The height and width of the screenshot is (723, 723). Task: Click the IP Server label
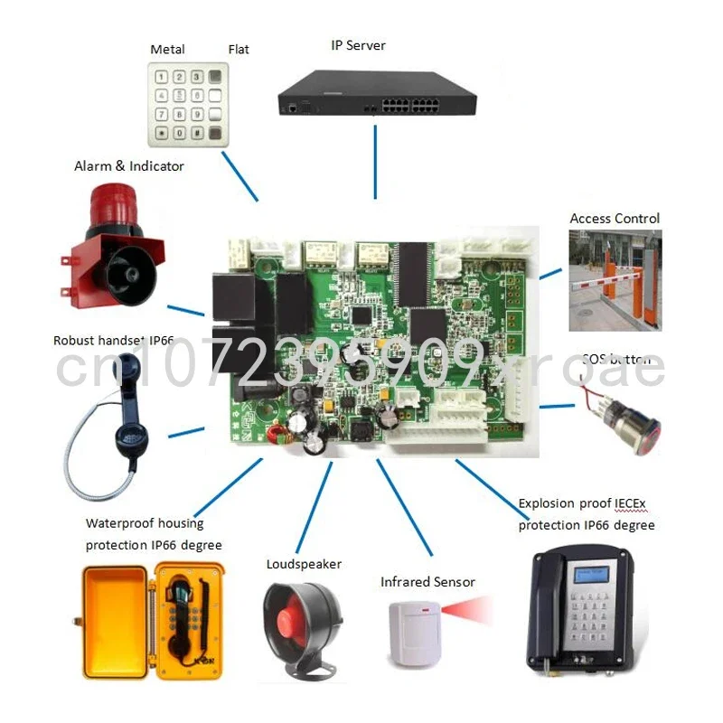pyautogui.click(x=359, y=45)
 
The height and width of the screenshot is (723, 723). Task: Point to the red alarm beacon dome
pyautogui.click(x=115, y=205)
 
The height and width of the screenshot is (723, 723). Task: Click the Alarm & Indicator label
pyautogui.click(x=129, y=166)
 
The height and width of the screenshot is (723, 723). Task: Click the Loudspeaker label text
pyautogui.click(x=304, y=564)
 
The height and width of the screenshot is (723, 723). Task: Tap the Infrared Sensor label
pyautogui.click(x=427, y=582)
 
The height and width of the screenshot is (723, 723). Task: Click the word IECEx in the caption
pyautogui.click(x=633, y=504)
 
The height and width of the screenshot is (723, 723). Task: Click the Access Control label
pyautogui.click(x=615, y=219)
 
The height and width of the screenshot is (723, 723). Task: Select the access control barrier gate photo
pyautogui.click(x=615, y=279)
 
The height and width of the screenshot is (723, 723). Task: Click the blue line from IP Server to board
pyautogui.click(x=375, y=164)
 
